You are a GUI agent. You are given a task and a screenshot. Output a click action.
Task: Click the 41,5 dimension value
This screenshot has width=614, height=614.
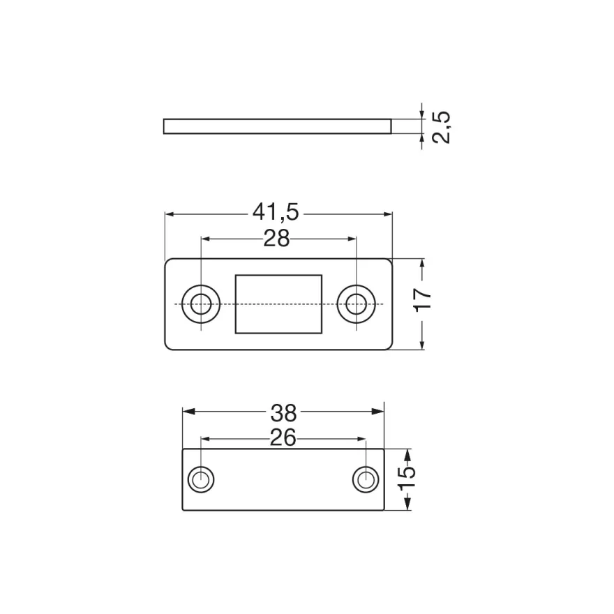276,213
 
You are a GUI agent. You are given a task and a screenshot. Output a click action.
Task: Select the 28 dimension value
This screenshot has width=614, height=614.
276,238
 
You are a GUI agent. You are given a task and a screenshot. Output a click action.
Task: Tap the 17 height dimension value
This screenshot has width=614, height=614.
423,300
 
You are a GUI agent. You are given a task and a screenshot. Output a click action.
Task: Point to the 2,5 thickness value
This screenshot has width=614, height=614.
441,127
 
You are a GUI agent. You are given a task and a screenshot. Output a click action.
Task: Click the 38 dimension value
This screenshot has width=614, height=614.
284,413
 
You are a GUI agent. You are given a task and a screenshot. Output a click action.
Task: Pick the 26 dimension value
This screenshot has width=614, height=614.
283,437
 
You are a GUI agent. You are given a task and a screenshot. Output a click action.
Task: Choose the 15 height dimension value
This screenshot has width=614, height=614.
407,479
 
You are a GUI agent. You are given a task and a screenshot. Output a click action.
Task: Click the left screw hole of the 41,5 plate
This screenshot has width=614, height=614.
201,304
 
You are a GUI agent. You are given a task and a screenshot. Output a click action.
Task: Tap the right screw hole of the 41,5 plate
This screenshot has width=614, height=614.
357,304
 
